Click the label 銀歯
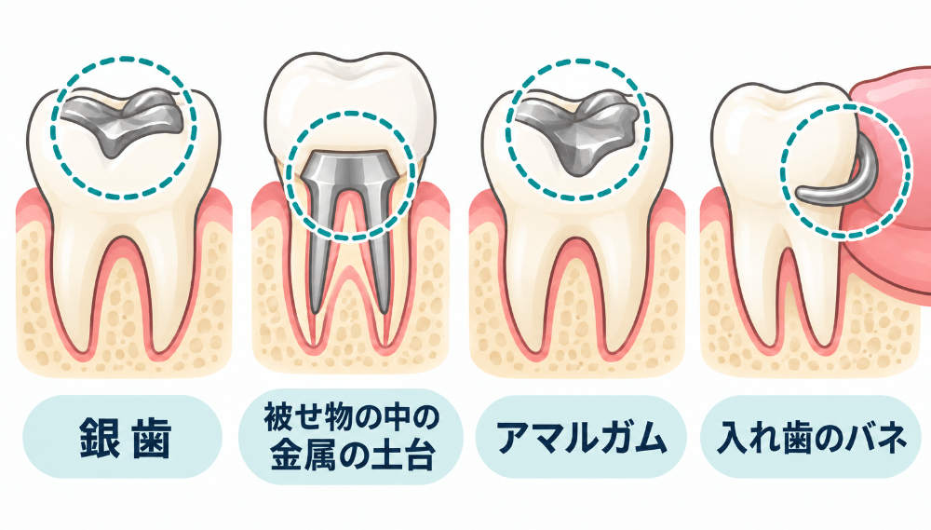click(125, 438)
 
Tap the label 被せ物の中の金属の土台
click(352, 437)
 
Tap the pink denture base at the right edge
click(891, 178)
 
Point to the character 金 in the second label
click(286, 455)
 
